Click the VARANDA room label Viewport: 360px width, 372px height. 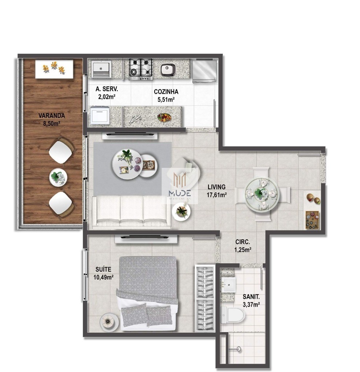coord(52,116)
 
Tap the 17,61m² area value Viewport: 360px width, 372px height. coord(217,195)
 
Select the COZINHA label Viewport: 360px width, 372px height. coord(166,92)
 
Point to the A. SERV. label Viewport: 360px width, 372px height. coord(106,89)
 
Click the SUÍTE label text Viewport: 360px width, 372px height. coord(104,269)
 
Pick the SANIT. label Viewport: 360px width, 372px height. coord(251,296)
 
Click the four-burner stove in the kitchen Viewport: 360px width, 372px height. coord(140,69)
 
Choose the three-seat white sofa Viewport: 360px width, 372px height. coord(132,211)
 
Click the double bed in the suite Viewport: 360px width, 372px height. coord(147,291)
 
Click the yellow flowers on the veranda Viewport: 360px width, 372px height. coord(53,68)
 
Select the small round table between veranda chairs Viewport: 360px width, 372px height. coord(58,177)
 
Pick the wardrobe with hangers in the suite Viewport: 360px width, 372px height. coord(205,298)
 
